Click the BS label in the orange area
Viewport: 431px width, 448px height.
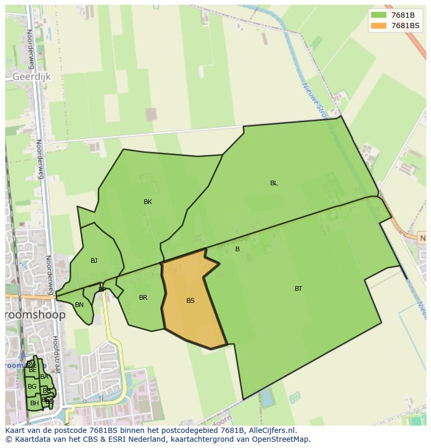(191, 301)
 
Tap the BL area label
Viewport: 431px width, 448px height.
(274, 183)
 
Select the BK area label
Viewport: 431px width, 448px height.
(148, 202)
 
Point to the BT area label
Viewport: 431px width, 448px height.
(298, 289)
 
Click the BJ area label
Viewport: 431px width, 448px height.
(94, 261)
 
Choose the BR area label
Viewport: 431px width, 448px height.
(143, 298)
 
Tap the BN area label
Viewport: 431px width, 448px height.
(79, 305)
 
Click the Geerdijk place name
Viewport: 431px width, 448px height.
(31, 76)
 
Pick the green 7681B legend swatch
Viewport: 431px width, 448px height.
(378, 15)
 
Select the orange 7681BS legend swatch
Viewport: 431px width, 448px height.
(378, 25)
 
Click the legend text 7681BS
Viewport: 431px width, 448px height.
(405, 25)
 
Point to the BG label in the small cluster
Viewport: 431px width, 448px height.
(32, 387)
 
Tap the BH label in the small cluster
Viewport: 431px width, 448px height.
(34, 403)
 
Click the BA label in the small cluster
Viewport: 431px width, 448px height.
(44, 377)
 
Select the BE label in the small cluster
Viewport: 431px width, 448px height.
(33, 370)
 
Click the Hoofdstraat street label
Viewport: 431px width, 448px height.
(56, 354)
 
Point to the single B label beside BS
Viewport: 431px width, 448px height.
(237, 249)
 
